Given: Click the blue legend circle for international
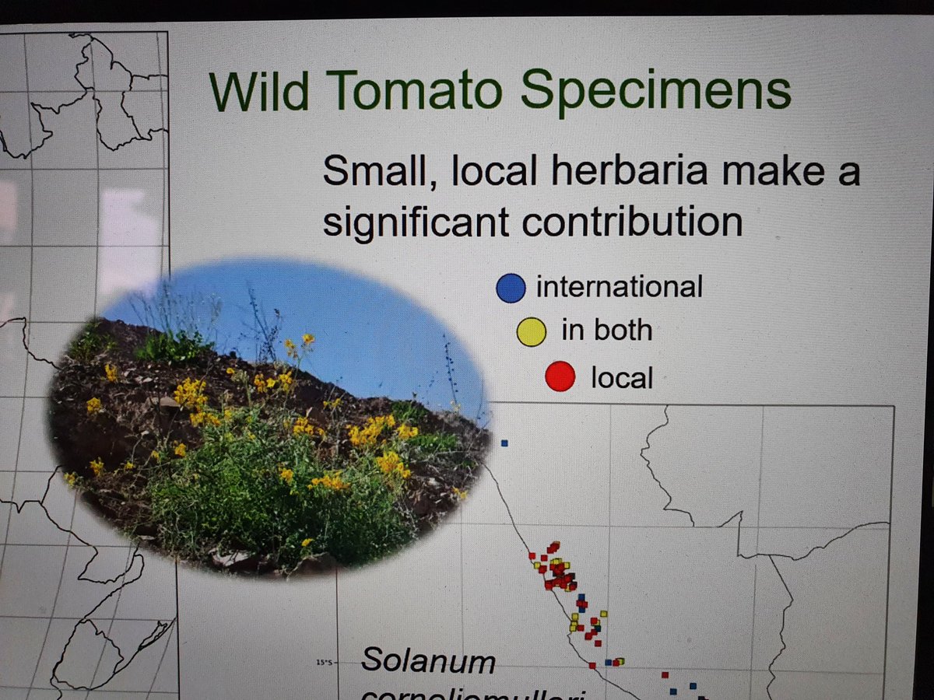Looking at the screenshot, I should pyautogui.click(x=511, y=287).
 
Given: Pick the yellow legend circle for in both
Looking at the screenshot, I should pyautogui.click(x=533, y=332).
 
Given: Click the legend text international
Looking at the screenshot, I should pyautogui.click(x=619, y=287).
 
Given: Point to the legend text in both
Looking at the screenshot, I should pyautogui.click(x=606, y=331).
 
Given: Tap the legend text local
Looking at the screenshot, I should pyautogui.click(x=622, y=378).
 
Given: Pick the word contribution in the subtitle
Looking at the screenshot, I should pyautogui.click(x=632, y=222).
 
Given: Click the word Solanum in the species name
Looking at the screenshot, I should pyautogui.click(x=428, y=660).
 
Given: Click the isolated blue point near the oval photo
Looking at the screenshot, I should pyautogui.click(x=504, y=443).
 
